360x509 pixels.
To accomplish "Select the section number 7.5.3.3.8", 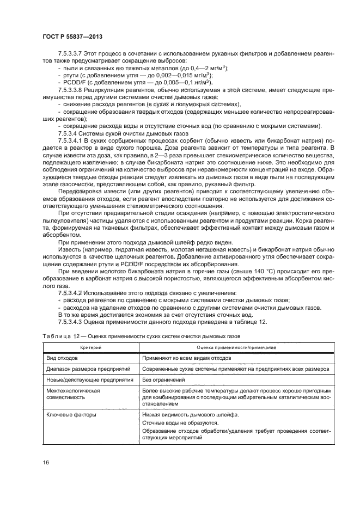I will point(70,90).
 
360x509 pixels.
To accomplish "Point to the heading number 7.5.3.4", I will point(67,132).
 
